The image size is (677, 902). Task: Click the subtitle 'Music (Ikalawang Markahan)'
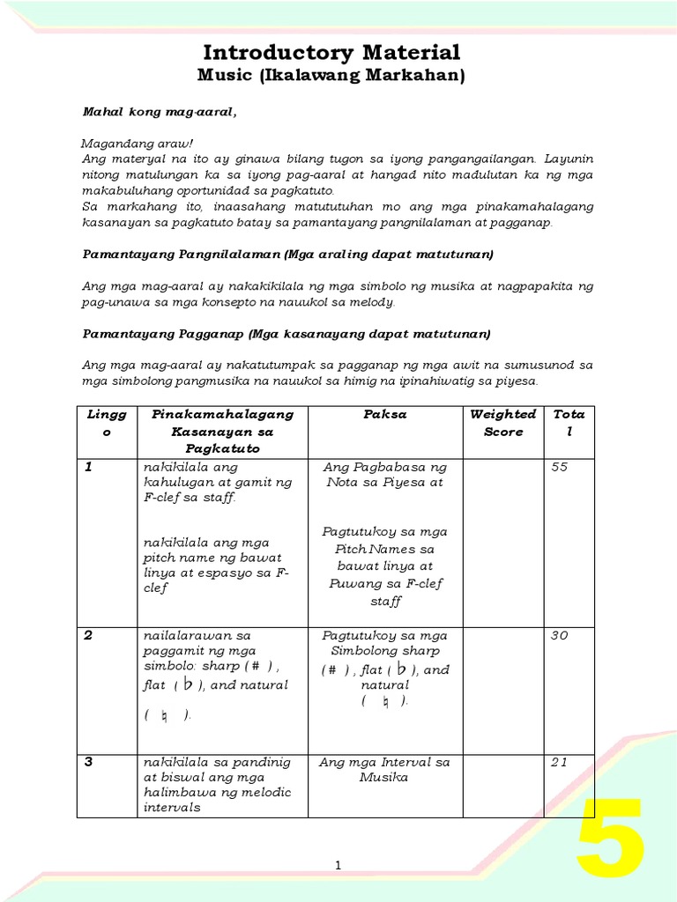click(331, 77)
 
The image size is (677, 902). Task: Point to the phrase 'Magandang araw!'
click(126, 143)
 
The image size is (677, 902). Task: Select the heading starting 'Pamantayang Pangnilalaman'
click(288, 255)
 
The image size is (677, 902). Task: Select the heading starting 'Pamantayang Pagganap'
click(286, 335)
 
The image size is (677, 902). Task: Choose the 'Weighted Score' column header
click(503, 423)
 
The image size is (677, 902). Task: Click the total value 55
click(560, 467)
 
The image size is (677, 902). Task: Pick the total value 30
click(560, 635)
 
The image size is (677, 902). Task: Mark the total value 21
click(560, 762)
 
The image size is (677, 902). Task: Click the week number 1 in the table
click(88, 467)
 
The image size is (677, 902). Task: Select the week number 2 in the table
click(88, 635)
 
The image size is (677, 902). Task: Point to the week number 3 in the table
click(88, 762)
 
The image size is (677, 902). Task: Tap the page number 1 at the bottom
click(338, 868)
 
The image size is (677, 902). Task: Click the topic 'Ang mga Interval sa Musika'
click(384, 770)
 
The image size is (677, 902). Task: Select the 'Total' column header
click(569, 423)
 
